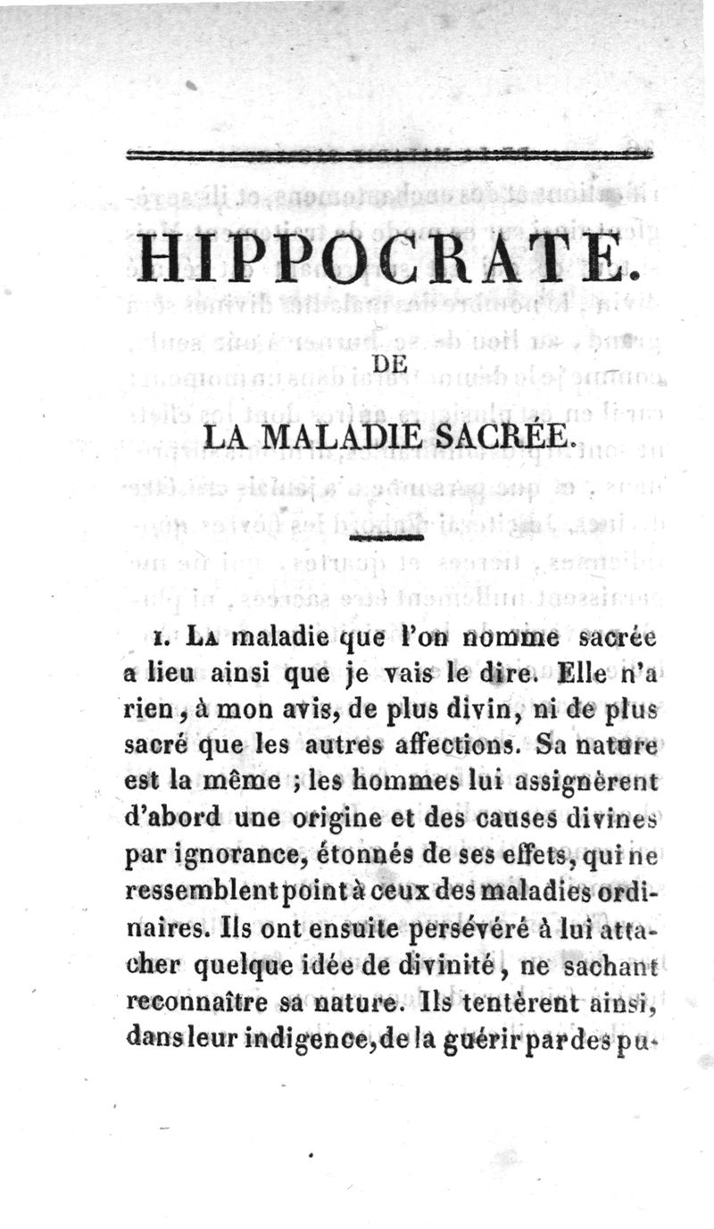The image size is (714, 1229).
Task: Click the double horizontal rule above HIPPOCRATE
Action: click(x=390, y=155)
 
